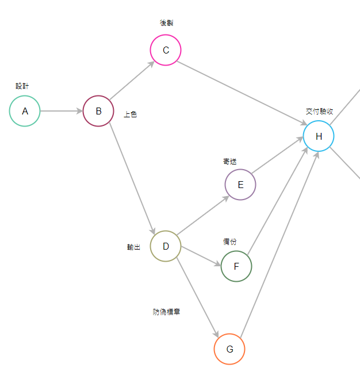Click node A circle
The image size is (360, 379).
(x=25, y=111)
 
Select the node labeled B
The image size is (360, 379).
(x=98, y=111)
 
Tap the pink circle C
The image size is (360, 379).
(x=166, y=50)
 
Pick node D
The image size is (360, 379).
(x=166, y=246)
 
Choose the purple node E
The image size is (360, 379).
(x=240, y=185)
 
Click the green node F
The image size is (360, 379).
(x=236, y=266)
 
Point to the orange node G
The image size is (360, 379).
(x=229, y=349)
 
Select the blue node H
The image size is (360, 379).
(x=319, y=136)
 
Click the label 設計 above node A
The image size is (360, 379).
(x=22, y=86)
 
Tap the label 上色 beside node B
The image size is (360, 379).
(x=131, y=114)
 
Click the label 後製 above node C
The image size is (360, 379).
(x=166, y=23)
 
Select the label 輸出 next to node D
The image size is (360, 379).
(x=133, y=247)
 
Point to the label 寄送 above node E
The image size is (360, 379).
(x=230, y=162)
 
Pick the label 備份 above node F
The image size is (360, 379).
(x=230, y=242)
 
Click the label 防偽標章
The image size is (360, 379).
(x=167, y=312)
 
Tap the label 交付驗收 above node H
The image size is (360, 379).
(x=319, y=112)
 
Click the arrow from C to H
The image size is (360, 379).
(x=242, y=93)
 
